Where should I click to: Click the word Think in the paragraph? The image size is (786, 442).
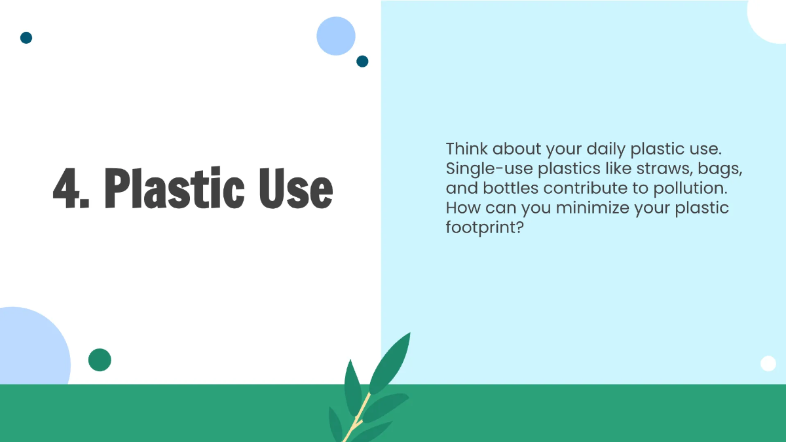click(466, 148)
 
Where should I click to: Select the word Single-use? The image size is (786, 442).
click(489, 168)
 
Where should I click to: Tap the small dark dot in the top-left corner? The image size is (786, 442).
click(26, 38)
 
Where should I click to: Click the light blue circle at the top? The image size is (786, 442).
click(336, 36)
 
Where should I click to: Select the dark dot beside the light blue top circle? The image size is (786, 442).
click(362, 62)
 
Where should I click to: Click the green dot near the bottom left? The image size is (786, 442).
click(100, 359)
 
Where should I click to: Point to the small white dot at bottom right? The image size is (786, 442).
click(768, 363)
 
